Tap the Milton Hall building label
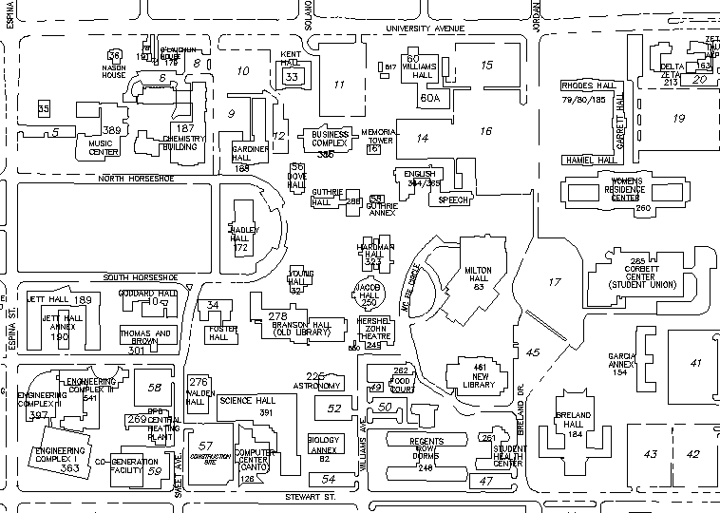(478, 275)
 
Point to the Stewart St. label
(313, 496)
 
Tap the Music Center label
(103, 146)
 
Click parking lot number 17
(555, 281)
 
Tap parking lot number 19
(678, 118)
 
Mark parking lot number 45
(533, 352)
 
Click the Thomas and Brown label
(145, 338)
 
